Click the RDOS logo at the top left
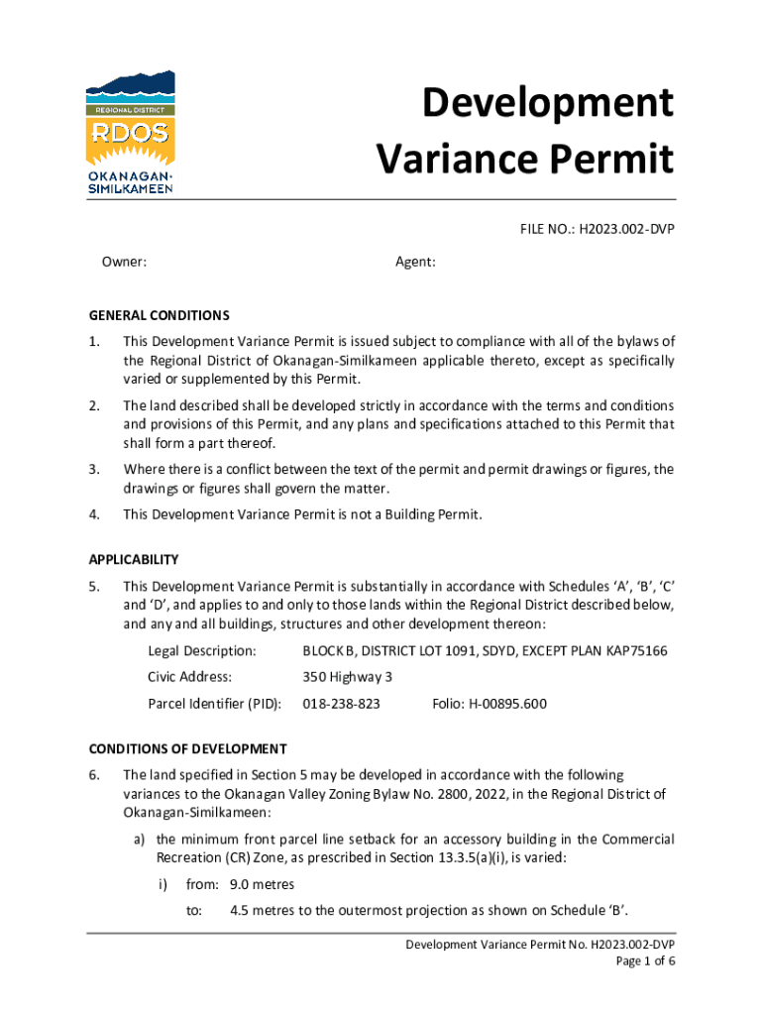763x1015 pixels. point(131,133)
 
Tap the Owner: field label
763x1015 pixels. point(125,262)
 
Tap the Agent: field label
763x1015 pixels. point(416,262)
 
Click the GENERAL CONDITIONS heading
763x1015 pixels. point(160,315)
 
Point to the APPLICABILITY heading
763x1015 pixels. point(134,559)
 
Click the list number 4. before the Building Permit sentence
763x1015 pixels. point(94,513)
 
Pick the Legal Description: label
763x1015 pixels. point(202,651)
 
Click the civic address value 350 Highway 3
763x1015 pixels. point(348,678)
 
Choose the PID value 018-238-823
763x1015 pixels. point(341,705)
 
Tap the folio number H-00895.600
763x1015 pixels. point(510,705)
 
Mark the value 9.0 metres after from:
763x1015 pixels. point(262,884)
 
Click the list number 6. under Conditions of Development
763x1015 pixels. point(94,775)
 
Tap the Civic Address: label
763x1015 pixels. point(189,678)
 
